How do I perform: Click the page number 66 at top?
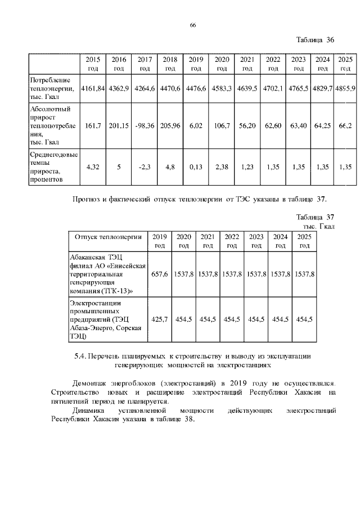193,25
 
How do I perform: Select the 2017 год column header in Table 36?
145,64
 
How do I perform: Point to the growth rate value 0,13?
196,166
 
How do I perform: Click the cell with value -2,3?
145,166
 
